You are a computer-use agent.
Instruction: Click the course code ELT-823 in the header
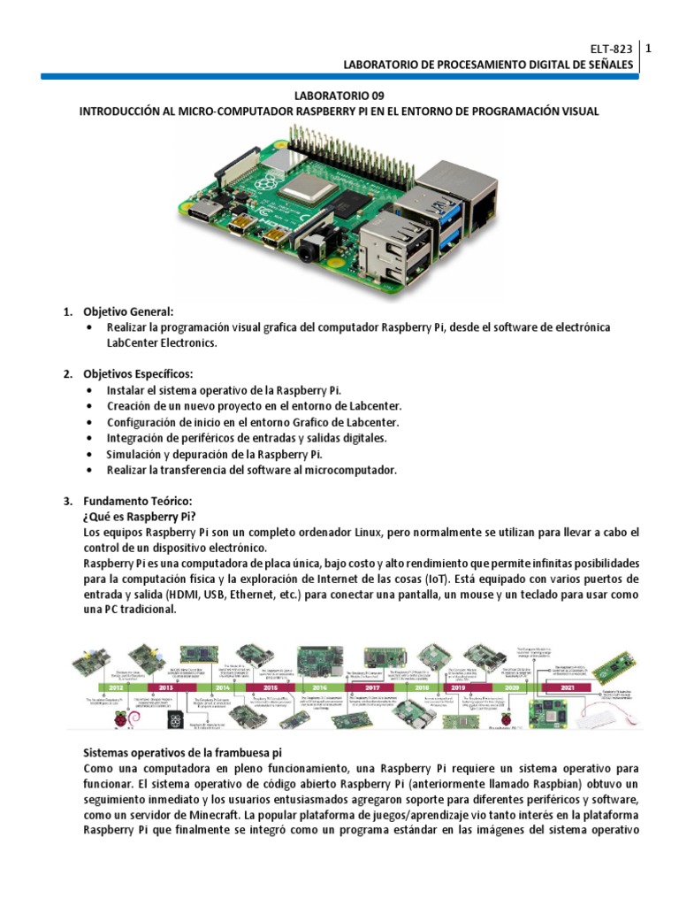[612, 50]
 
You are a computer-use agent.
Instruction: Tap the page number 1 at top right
[648, 50]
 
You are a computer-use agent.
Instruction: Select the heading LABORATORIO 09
[339, 96]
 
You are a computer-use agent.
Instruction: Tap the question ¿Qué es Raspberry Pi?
[139, 516]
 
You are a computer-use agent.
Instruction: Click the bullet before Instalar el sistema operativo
[92, 390]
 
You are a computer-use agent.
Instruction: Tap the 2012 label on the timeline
[116, 687]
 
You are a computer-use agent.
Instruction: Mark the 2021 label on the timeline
[568, 687]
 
